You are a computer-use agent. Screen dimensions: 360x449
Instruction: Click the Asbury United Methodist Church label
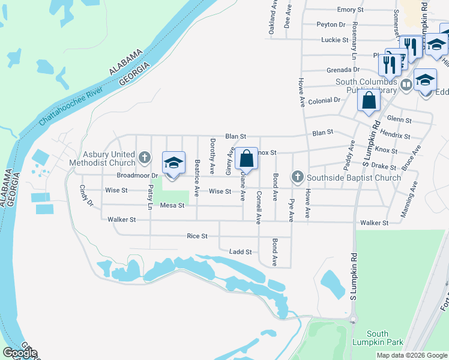[102, 158]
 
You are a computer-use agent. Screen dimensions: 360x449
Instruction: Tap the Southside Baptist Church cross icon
[297, 177]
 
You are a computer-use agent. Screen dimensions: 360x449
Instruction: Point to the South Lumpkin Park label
[378, 338]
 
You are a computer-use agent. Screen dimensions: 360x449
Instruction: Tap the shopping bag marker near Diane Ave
[246, 159]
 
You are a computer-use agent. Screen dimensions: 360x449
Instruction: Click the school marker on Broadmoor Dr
[173, 163]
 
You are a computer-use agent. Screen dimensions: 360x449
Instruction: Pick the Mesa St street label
[171, 206]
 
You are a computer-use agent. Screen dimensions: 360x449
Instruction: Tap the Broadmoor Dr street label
[137, 175]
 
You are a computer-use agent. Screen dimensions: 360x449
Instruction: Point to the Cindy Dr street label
[87, 196]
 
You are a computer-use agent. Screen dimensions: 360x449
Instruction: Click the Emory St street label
[346, 10]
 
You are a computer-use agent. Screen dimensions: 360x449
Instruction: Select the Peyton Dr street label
[331, 25]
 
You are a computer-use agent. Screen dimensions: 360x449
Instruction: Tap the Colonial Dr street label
[324, 100]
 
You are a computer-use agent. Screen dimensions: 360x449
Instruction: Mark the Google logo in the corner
[19, 353]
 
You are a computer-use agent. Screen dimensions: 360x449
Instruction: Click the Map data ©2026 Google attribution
[411, 355]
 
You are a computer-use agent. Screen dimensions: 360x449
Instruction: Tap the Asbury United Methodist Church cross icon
[144, 158]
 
